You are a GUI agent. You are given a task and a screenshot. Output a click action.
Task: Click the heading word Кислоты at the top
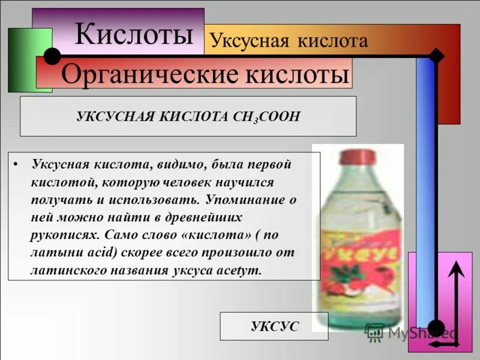point(134,34)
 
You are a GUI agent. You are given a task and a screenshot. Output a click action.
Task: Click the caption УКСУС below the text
point(274,326)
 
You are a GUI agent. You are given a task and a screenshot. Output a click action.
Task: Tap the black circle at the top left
point(52,56)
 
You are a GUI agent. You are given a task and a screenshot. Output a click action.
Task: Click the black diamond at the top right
point(436,56)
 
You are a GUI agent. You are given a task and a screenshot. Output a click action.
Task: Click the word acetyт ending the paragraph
point(242,270)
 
